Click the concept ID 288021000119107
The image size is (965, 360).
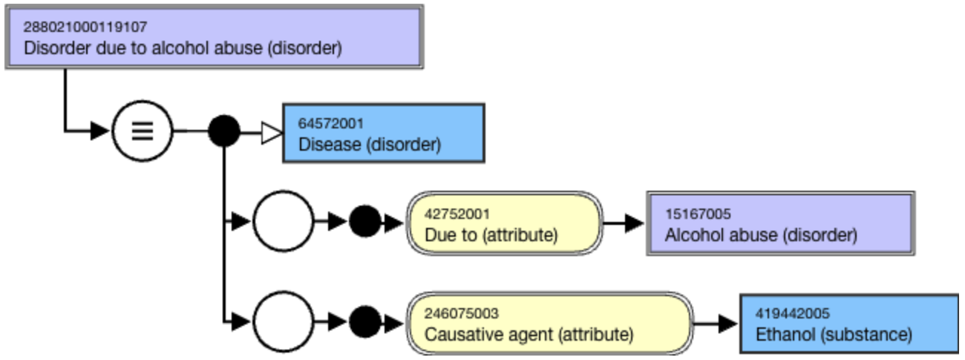point(85,27)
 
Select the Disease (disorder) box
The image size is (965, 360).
point(384,133)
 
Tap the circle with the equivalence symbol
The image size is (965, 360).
point(143,131)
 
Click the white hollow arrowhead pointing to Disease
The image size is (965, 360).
point(272,133)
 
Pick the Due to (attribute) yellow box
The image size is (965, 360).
point(504,223)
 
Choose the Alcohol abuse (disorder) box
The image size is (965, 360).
point(781,223)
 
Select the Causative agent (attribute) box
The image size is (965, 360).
point(550,324)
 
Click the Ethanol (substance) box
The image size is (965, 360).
point(849,324)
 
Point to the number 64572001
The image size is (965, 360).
point(331,124)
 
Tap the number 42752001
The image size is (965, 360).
point(457,214)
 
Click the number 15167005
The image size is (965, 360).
point(698,214)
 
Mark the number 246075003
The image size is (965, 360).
point(462,313)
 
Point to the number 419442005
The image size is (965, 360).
point(793,313)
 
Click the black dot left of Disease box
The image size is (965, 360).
point(224,131)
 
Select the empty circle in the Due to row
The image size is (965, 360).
point(283,221)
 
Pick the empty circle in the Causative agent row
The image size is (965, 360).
point(283,321)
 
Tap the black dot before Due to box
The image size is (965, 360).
point(365,221)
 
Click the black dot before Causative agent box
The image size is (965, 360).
point(365,321)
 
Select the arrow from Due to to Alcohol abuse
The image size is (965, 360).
point(624,223)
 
